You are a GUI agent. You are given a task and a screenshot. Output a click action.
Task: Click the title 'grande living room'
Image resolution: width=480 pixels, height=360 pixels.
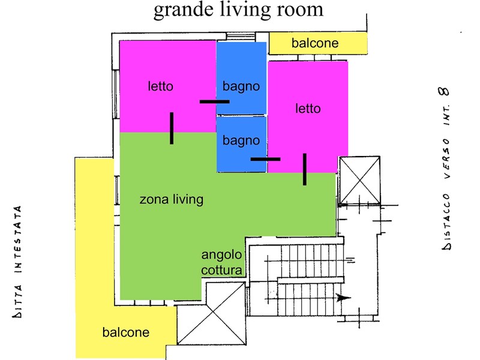pyautogui.click(x=238, y=10)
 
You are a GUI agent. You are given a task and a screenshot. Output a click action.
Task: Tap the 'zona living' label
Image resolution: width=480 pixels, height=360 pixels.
pyautogui.click(x=172, y=200)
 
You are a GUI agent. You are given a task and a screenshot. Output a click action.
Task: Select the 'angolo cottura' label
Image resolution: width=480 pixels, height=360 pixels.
pyautogui.click(x=221, y=262)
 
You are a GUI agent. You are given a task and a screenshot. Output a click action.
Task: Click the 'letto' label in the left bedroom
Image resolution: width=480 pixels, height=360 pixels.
pyautogui.click(x=160, y=86)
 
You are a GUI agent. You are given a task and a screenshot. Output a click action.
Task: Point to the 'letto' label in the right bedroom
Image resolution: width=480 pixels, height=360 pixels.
pyautogui.click(x=308, y=109)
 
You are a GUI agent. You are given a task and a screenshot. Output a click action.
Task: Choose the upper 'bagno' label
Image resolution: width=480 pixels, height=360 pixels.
pyautogui.click(x=241, y=87)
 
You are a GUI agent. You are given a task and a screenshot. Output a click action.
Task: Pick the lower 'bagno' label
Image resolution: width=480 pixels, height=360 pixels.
pyautogui.click(x=241, y=141)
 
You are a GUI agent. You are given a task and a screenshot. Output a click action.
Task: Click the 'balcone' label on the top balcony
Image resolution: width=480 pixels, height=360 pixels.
pyautogui.click(x=315, y=43)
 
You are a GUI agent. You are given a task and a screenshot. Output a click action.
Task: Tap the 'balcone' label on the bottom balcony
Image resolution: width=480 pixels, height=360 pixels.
pyautogui.click(x=126, y=332)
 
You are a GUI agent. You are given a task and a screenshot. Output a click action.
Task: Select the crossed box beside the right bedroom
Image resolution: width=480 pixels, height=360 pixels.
pyautogui.click(x=359, y=180)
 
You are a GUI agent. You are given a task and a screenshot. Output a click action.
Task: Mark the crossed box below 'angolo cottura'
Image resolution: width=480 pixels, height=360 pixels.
pyautogui.click(x=212, y=313)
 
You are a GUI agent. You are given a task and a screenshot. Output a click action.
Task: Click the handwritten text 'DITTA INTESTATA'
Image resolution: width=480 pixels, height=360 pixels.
pyautogui.click(x=17, y=262)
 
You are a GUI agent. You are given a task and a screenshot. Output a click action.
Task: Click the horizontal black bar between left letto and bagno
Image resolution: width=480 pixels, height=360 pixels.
pyautogui.click(x=215, y=101)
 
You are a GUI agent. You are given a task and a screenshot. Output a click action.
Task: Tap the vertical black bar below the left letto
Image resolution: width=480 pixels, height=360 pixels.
pyautogui.click(x=172, y=128)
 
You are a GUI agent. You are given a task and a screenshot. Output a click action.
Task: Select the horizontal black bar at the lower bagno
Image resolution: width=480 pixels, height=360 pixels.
pyautogui.click(x=265, y=159)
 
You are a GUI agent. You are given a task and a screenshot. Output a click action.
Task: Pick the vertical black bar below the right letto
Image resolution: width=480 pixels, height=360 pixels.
pyautogui.click(x=305, y=169)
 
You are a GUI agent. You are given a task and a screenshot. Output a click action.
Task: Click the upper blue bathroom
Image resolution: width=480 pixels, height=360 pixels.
pyautogui.click(x=242, y=78)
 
